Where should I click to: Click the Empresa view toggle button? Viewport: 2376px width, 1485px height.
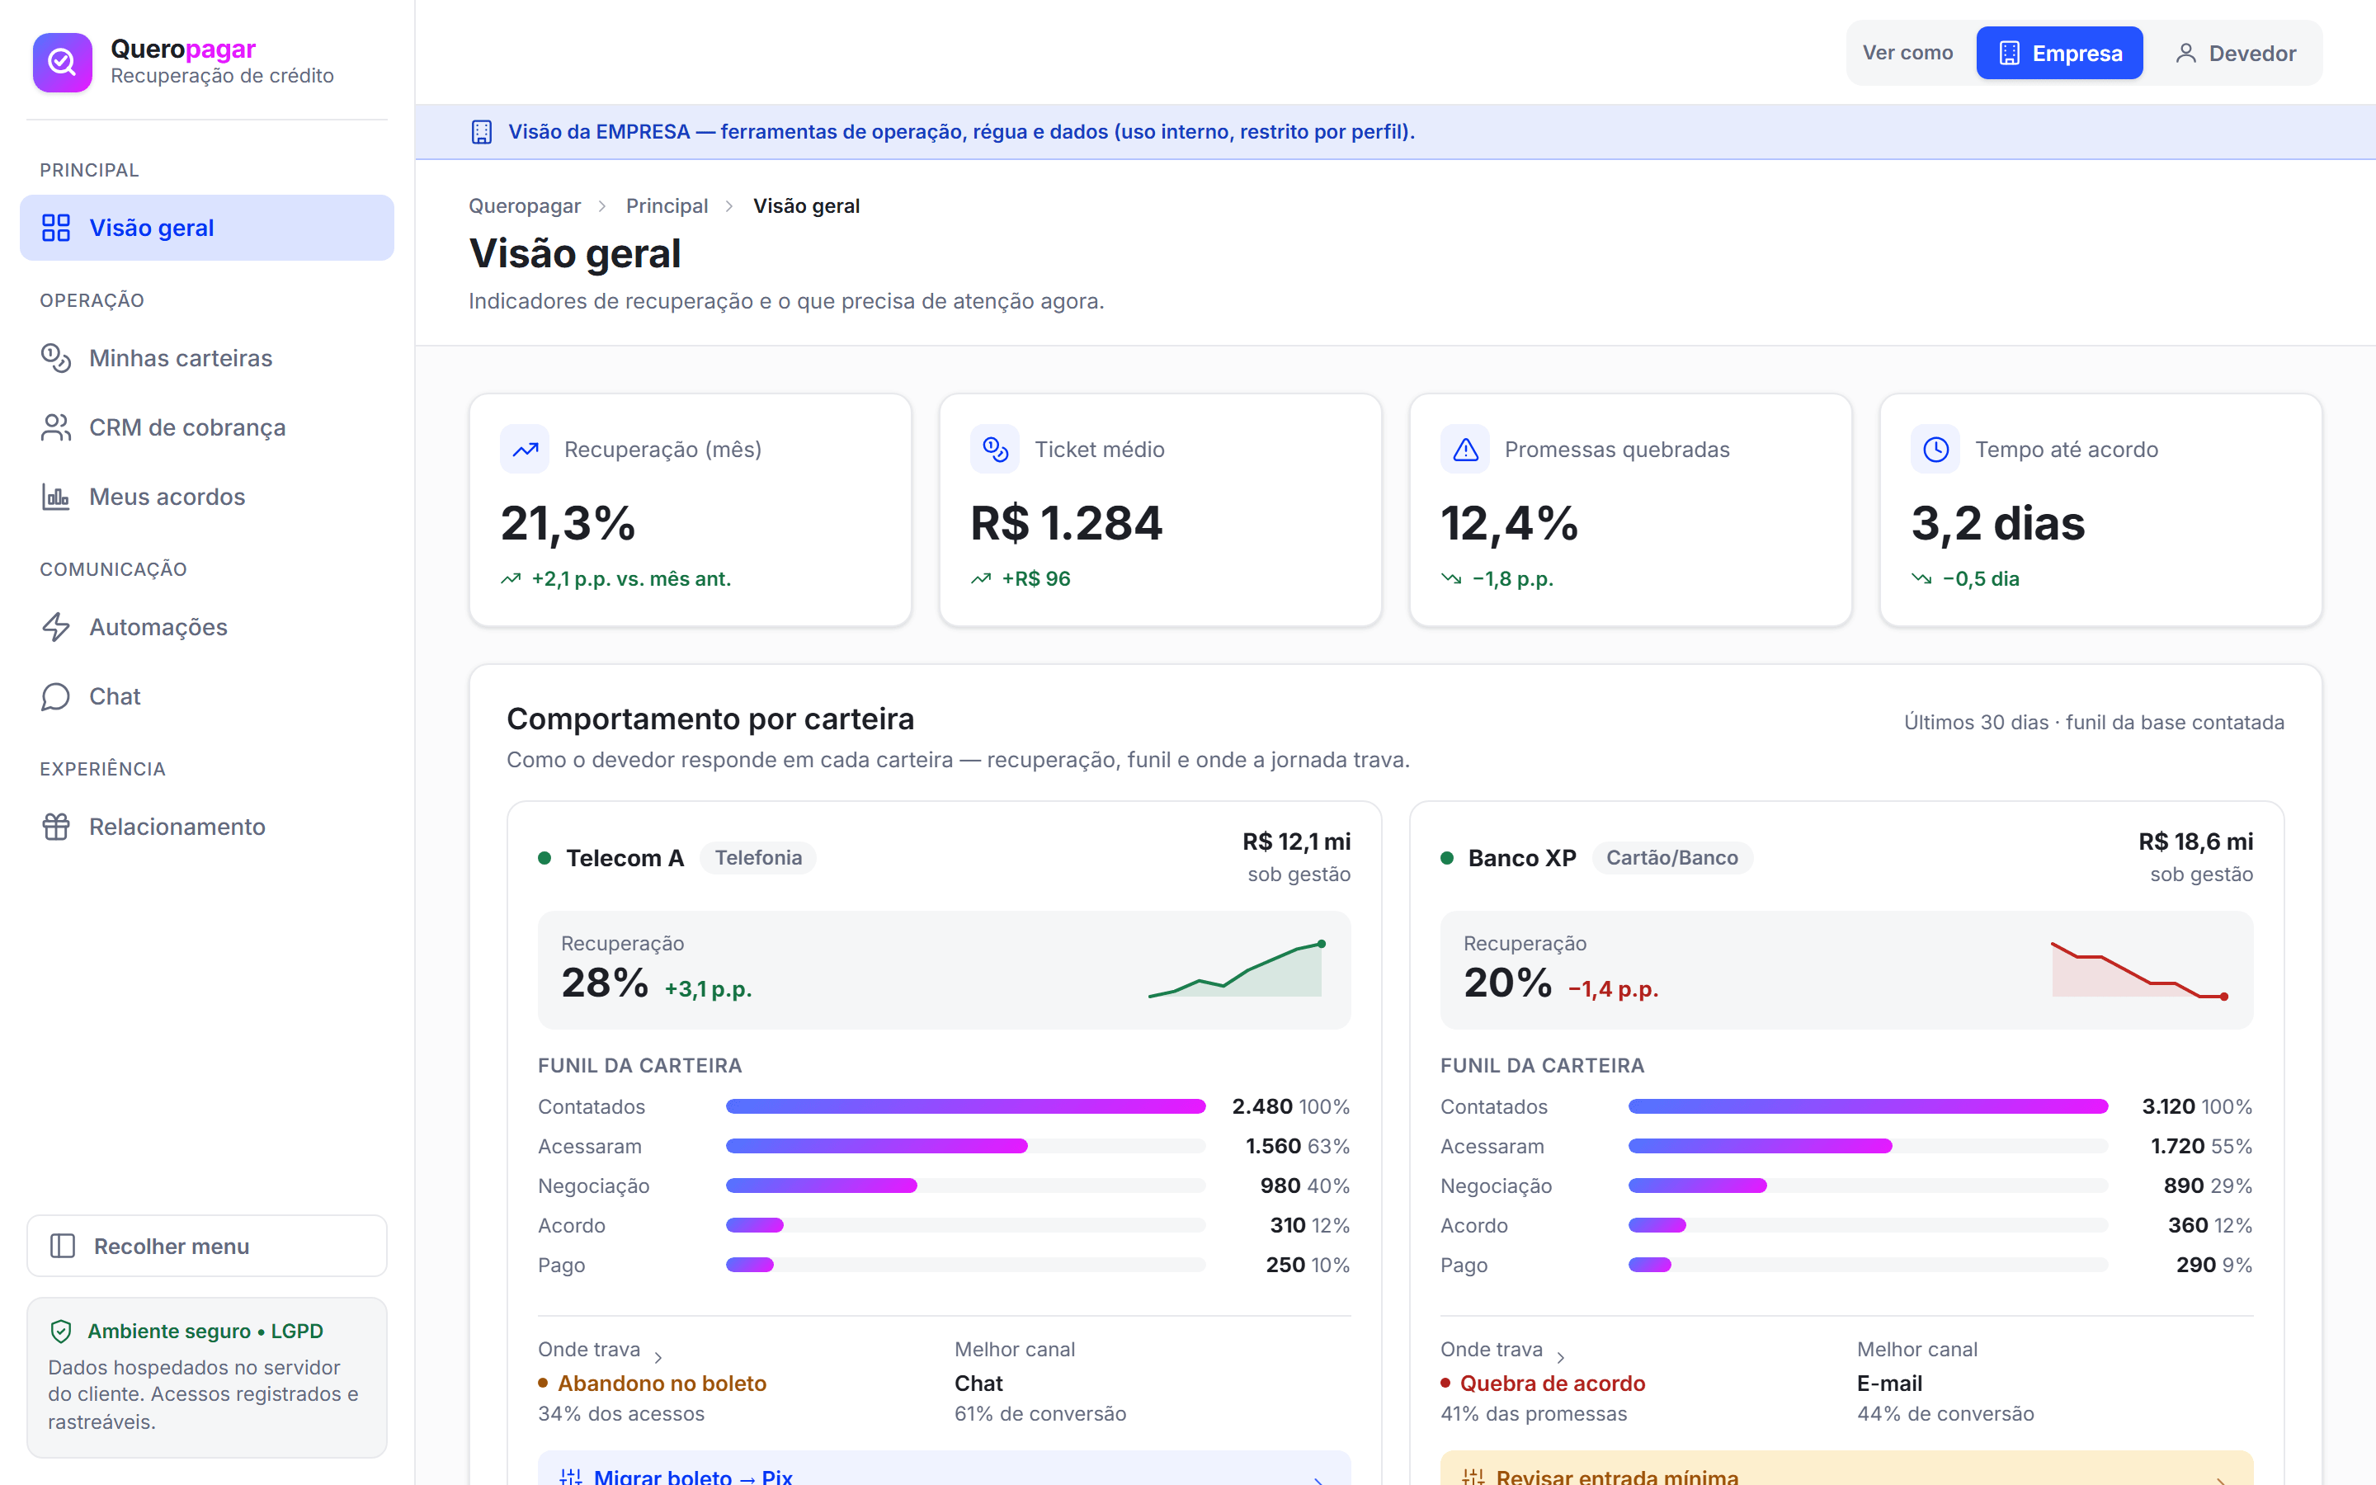(2059, 53)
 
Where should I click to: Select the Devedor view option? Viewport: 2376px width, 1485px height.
(2235, 53)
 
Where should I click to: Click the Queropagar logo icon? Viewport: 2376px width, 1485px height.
(62, 62)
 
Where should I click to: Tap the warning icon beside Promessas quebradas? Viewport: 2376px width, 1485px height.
(1465, 450)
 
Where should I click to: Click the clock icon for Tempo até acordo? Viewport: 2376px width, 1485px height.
(1935, 450)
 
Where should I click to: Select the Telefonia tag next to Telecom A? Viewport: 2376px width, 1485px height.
(758, 857)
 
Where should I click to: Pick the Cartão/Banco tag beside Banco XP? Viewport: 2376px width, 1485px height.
(1672, 857)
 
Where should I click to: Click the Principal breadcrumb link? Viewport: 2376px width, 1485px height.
(667, 206)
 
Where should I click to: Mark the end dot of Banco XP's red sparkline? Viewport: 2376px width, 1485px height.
(2224, 997)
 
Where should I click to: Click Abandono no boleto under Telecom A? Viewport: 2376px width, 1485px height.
(662, 1383)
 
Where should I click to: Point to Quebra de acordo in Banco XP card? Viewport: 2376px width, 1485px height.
(1553, 1383)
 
